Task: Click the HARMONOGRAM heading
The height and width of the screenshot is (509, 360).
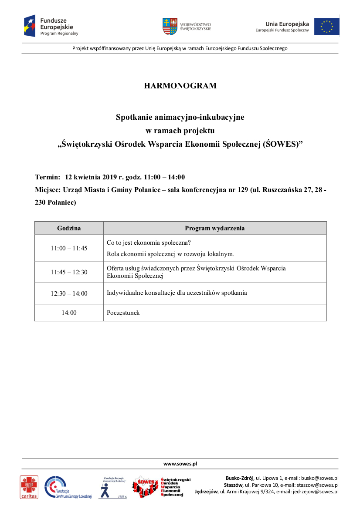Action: tap(180, 86)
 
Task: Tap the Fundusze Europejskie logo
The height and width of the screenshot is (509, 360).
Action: tap(51, 26)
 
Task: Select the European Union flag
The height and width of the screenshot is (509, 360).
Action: tap(326, 27)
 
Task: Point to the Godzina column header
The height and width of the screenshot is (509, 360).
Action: tap(69, 228)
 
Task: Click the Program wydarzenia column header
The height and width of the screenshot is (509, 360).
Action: tap(214, 228)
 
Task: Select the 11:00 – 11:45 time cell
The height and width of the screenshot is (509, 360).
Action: tap(69, 248)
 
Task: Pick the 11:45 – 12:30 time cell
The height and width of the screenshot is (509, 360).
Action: tap(69, 272)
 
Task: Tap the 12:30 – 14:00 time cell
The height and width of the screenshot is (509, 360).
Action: tap(69, 293)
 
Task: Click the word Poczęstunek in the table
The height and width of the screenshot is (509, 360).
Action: tap(123, 313)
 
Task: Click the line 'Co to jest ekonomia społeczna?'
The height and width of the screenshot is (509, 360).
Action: tap(149, 243)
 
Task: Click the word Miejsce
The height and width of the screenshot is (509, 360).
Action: tap(48, 190)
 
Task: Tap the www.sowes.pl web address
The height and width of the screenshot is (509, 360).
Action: tap(180, 464)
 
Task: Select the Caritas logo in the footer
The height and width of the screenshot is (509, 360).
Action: tap(29, 487)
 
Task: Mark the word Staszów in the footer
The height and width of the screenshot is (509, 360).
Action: tap(233, 485)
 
